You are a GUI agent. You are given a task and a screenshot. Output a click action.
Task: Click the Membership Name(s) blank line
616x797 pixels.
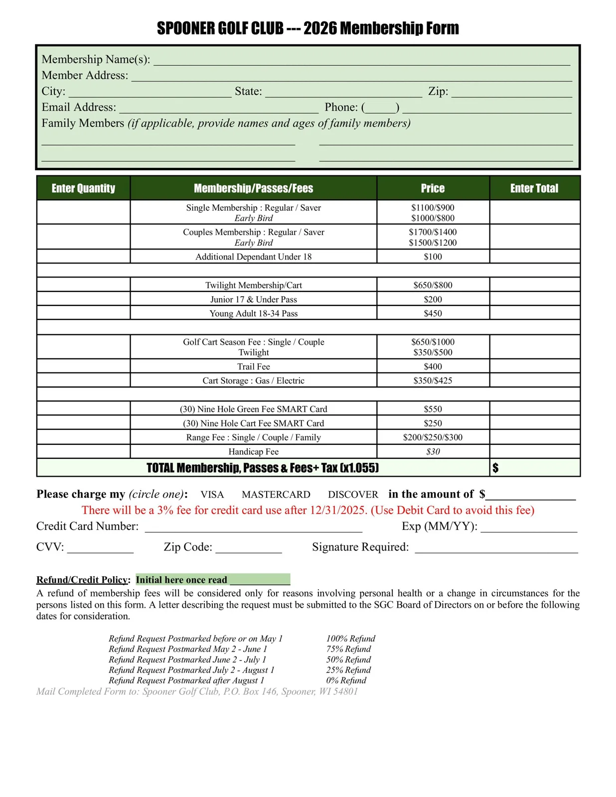point(361,61)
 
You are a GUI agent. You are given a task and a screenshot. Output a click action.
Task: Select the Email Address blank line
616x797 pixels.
point(219,109)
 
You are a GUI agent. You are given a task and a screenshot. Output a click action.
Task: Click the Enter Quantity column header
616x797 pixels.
point(83,188)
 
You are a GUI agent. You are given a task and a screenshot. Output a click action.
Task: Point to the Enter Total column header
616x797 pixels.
point(534,188)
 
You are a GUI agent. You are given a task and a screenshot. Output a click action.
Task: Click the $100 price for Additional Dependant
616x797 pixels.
point(433,257)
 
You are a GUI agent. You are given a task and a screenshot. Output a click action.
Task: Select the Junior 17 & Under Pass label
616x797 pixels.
point(253,299)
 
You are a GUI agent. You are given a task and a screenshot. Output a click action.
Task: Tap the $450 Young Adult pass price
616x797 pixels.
point(433,313)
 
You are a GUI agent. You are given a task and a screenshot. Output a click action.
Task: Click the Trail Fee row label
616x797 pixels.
point(253,367)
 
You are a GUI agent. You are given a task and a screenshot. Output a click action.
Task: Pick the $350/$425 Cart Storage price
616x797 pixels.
point(433,381)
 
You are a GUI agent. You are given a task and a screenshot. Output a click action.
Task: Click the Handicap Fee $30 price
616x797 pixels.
point(433,452)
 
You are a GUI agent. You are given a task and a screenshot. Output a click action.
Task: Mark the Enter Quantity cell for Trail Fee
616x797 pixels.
point(83,367)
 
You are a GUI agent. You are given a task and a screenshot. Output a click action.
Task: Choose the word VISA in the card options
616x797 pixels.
point(212,495)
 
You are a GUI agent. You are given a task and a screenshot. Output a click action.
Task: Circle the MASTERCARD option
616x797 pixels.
point(276,495)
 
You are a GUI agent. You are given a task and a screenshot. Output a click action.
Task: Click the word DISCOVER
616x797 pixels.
point(353,495)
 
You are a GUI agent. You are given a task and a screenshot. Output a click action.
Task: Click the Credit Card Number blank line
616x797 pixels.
point(253,528)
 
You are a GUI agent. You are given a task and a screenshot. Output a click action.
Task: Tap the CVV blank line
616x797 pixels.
point(100,549)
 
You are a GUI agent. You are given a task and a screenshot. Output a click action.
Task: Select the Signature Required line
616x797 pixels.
point(496,549)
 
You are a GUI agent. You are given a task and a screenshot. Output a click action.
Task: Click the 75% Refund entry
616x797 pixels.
point(348,649)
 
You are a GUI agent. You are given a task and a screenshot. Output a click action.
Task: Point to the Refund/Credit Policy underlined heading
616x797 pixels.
point(82,580)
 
